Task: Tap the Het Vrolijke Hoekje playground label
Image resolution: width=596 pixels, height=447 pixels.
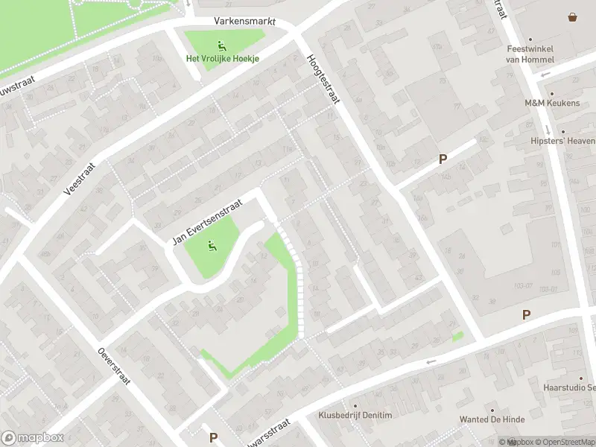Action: [x=221, y=59]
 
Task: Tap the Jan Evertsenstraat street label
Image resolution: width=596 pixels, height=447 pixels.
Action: [x=209, y=221]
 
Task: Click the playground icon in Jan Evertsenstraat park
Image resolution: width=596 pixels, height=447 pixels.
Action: [x=212, y=245]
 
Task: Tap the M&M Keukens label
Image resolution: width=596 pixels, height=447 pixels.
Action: [x=552, y=103]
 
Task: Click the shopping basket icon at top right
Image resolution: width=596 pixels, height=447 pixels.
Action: [x=572, y=16]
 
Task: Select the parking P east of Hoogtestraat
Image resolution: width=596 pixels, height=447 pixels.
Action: [x=443, y=159]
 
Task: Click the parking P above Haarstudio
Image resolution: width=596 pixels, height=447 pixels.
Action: [x=526, y=315]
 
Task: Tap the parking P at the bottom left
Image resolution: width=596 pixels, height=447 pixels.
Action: [x=213, y=437]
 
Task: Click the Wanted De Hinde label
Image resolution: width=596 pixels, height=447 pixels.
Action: [x=492, y=419]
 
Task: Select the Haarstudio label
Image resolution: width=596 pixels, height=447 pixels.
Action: [x=569, y=388]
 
